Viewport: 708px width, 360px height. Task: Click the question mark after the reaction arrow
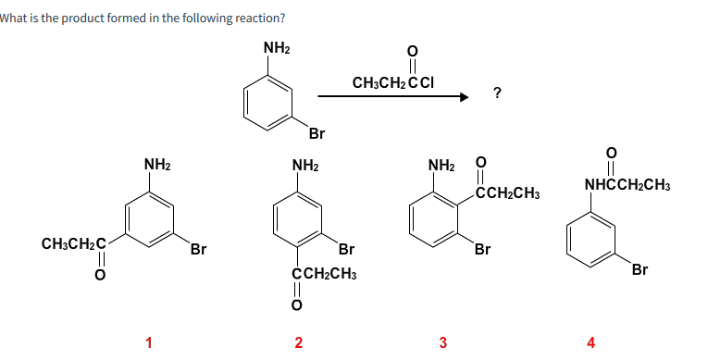point(498,92)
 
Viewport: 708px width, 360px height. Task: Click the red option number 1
point(148,343)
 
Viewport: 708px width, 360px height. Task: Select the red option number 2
point(297,343)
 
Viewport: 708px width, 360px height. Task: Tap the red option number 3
point(443,343)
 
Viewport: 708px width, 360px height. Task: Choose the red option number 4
point(591,343)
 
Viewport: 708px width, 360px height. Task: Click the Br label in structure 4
point(640,269)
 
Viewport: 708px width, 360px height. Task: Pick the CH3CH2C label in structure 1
point(73,245)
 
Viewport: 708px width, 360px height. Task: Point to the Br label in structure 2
point(347,249)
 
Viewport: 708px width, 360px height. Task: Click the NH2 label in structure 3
point(441,167)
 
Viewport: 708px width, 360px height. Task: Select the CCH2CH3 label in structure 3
point(507,193)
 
